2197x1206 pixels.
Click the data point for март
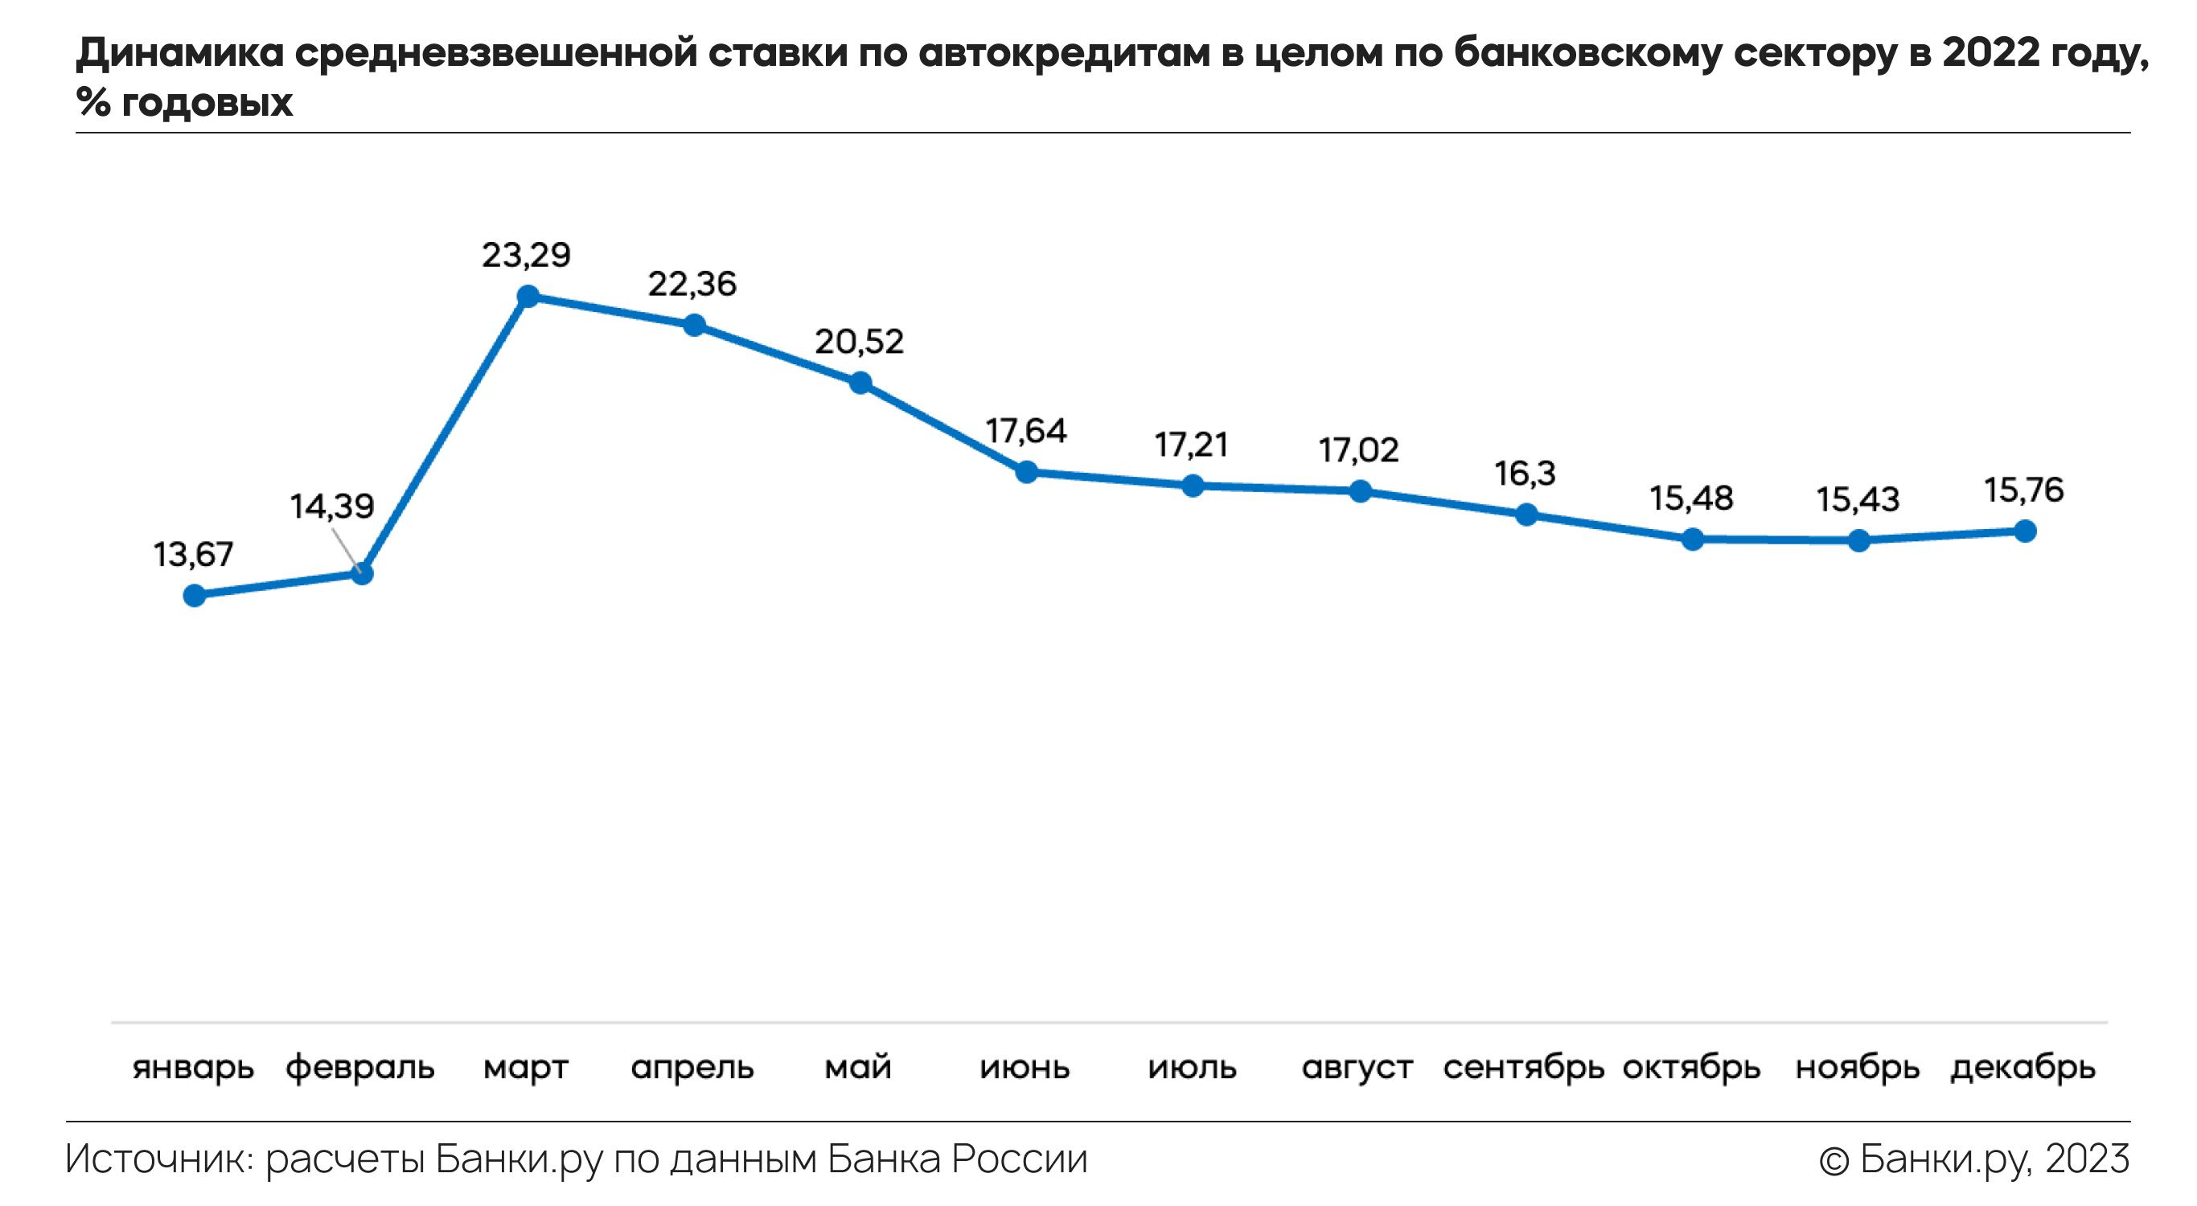pyautogui.click(x=528, y=297)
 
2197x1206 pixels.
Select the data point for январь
pyautogui.click(x=195, y=595)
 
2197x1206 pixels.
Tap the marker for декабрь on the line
pyautogui.click(x=2025, y=531)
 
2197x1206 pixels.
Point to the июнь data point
pyautogui.click(x=1027, y=472)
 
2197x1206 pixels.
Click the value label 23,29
pyautogui.click(x=526, y=255)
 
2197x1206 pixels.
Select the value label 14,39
pyautogui.click(x=332, y=507)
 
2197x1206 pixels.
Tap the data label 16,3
pyautogui.click(x=1525, y=474)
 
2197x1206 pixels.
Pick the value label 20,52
pyautogui.click(x=859, y=342)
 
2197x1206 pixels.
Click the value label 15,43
pyautogui.click(x=1858, y=500)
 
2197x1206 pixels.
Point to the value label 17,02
pyautogui.click(x=1358, y=450)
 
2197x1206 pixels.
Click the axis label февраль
pyautogui.click(x=360, y=1068)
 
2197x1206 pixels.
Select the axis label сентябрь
pyautogui.click(x=1523, y=1068)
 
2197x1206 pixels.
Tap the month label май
pyautogui.click(x=858, y=1068)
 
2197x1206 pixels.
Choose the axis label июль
pyautogui.click(x=1193, y=1068)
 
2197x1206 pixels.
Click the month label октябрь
pyautogui.click(x=1691, y=1068)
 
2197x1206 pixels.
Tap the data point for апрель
pyautogui.click(x=694, y=325)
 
